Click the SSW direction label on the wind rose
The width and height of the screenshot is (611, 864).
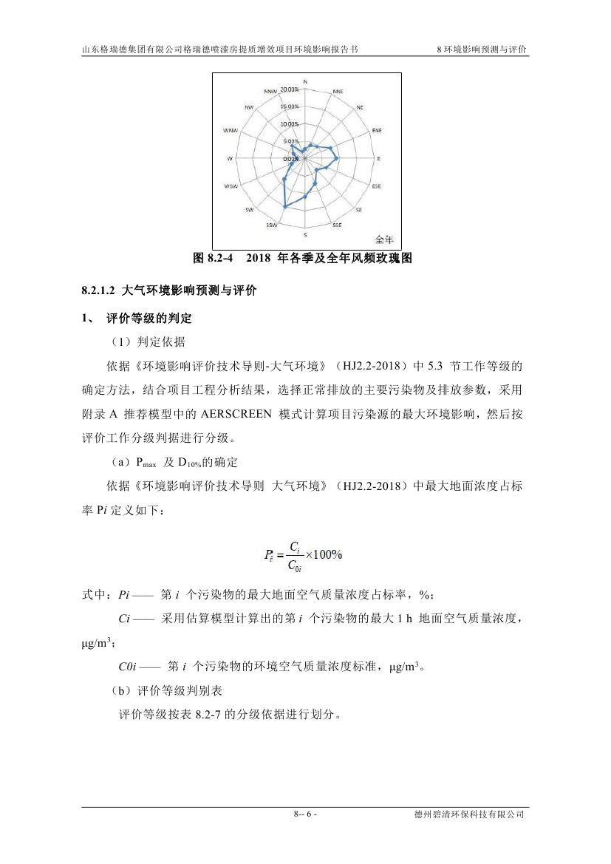[x=272, y=225]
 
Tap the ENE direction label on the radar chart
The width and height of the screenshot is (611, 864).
[x=377, y=130]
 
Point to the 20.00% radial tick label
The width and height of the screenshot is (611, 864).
[x=290, y=89]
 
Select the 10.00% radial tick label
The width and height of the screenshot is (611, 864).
[x=290, y=124]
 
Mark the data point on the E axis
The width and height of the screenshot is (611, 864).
[x=338, y=159]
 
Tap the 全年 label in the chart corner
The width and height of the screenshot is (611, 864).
[x=385, y=239]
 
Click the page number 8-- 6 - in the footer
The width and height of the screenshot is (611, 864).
[x=305, y=814]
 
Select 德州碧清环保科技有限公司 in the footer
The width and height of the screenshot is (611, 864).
[x=470, y=814]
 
